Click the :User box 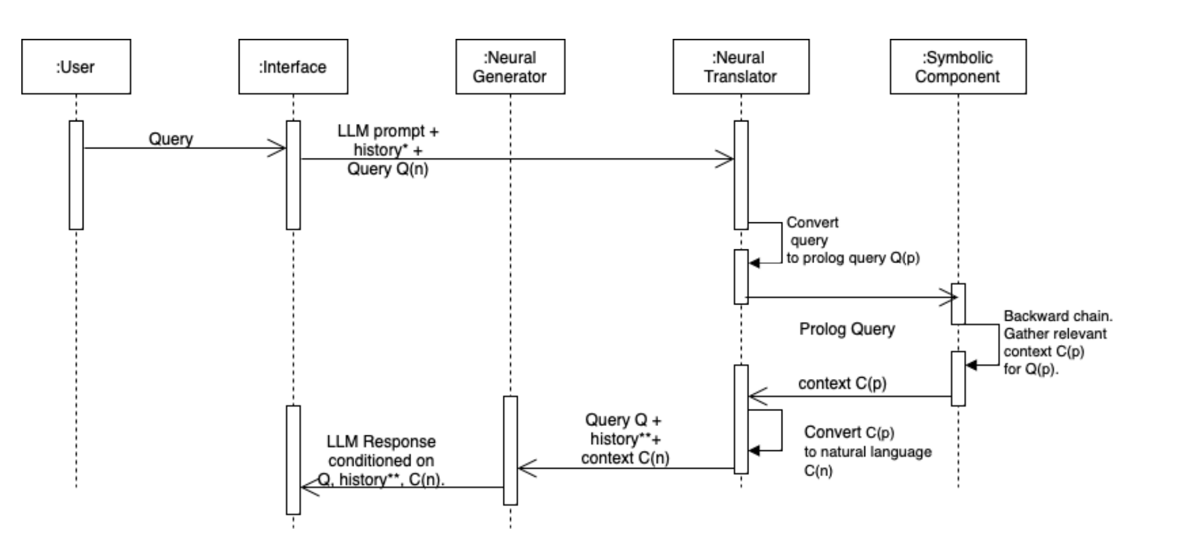[x=76, y=66]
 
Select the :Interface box [x=293, y=66]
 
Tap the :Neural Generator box [x=510, y=66]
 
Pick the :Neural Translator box [x=740, y=66]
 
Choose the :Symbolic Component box [x=957, y=66]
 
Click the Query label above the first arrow [x=171, y=138]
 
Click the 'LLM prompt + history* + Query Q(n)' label [x=388, y=150]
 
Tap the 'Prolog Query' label [x=846, y=329]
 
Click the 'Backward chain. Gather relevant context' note [x=1056, y=342]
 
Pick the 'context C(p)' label [x=842, y=383]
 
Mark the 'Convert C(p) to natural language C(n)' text [x=866, y=451]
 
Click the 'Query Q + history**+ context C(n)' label [x=624, y=438]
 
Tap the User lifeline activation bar [x=76, y=175]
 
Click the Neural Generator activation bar [x=510, y=450]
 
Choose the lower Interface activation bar [x=293, y=459]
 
